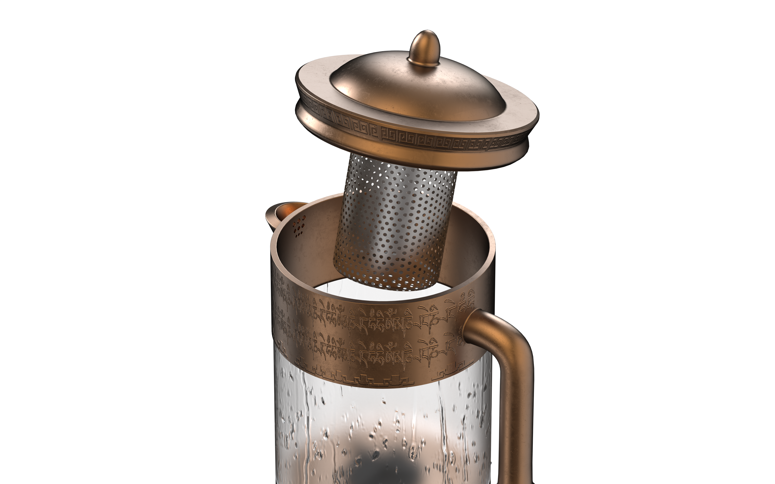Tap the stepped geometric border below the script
pyautogui.click(x=378, y=381)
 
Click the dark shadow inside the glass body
pyautogui.click(x=384, y=461)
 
